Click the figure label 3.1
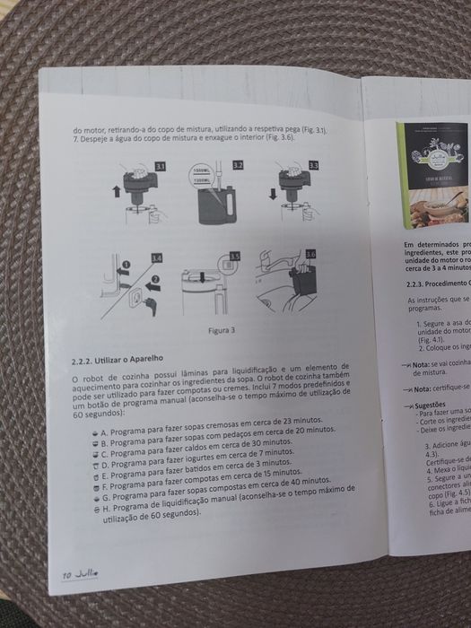click(x=160, y=167)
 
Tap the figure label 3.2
click(x=237, y=166)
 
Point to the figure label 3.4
click(x=157, y=258)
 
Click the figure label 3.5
click(x=234, y=257)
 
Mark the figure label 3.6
click(x=311, y=255)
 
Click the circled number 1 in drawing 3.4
click(x=126, y=266)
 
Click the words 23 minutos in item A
click(x=294, y=419)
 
